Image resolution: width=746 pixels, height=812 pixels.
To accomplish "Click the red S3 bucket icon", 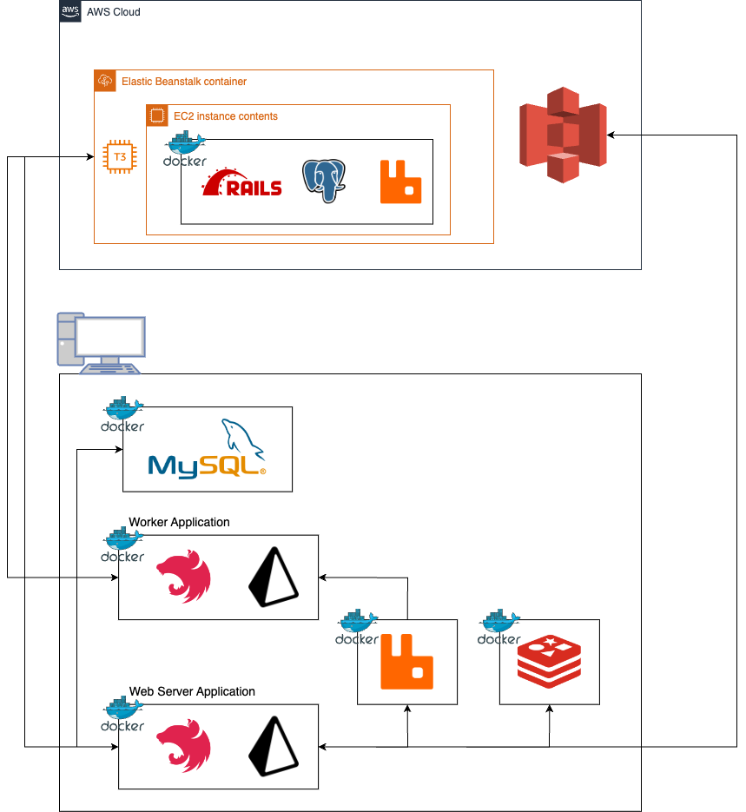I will tap(563, 135).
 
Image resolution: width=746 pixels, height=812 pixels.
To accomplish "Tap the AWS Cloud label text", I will tap(113, 12).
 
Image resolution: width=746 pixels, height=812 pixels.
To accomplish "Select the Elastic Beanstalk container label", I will tap(183, 82).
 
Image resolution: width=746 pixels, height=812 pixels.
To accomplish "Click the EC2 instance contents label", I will tap(225, 116).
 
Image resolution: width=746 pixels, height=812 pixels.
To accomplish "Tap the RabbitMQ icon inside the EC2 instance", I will tap(400, 182).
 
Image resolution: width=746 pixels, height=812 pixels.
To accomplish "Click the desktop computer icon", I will tap(100, 344).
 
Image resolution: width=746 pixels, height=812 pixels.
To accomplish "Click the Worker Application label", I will tap(179, 523).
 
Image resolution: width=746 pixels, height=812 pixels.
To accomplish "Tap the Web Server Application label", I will tap(192, 692).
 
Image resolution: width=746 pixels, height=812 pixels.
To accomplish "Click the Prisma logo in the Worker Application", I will tap(273, 578).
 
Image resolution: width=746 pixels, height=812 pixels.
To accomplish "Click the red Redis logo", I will tap(549, 662).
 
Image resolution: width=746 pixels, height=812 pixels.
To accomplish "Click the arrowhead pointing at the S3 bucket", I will tap(611, 135).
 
